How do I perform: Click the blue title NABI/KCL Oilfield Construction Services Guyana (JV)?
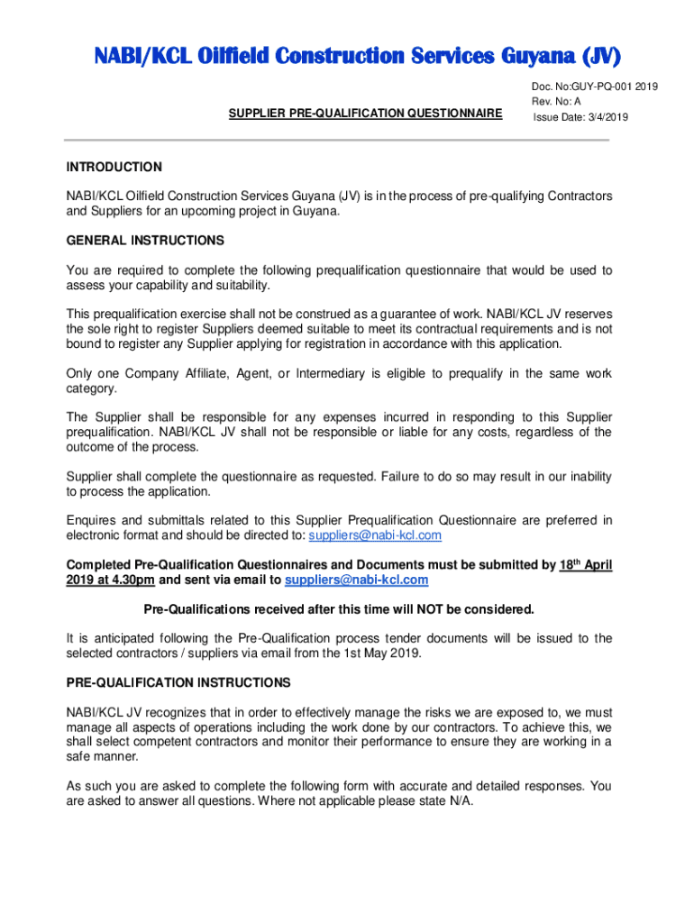[x=345, y=59]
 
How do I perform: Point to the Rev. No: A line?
[x=556, y=102]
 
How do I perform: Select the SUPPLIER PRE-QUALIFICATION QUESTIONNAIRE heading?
[x=364, y=113]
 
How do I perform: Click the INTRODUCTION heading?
[x=114, y=167]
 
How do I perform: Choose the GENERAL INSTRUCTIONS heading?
[x=144, y=241]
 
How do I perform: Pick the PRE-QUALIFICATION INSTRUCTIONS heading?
[x=178, y=682]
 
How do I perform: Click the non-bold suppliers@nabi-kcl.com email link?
[x=375, y=535]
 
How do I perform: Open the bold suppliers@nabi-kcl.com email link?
[x=356, y=580]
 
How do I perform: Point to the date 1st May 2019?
[x=381, y=653]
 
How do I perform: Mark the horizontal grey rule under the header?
[x=336, y=140]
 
